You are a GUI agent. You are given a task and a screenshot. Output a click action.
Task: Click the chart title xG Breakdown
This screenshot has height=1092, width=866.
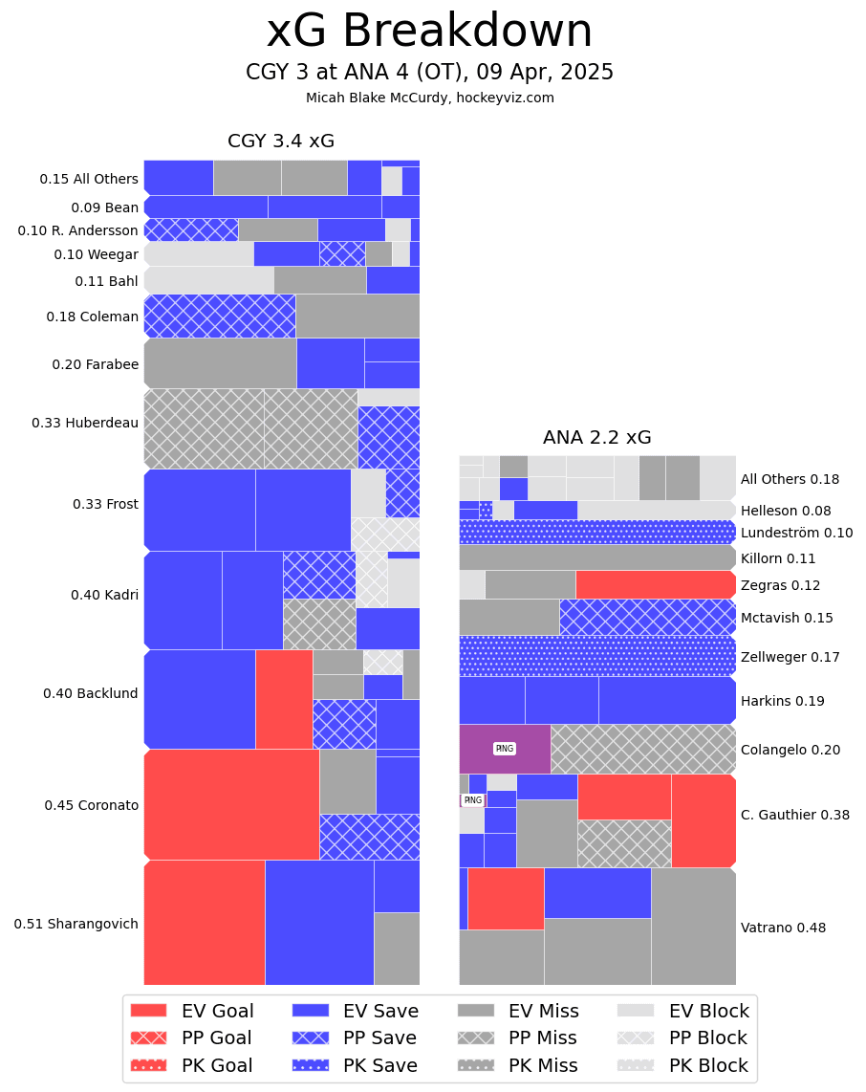coord(429,32)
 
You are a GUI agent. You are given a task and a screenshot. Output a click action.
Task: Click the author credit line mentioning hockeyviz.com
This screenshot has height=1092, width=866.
coord(429,98)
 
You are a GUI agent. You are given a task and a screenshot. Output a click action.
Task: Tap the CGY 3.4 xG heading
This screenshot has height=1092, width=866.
coord(281,142)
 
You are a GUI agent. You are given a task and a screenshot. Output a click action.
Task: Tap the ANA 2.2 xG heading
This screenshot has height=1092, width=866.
coord(596,438)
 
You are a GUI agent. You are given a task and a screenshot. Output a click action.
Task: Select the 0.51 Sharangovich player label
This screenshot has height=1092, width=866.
coord(76,924)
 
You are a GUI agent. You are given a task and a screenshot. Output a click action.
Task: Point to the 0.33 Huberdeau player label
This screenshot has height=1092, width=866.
coord(85,423)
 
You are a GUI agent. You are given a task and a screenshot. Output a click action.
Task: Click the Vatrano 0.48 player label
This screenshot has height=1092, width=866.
coord(783,928)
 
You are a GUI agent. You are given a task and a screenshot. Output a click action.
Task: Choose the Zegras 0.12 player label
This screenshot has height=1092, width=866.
coord(780,585)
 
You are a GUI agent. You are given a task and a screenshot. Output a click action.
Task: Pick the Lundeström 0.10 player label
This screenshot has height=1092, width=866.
coord(796,533)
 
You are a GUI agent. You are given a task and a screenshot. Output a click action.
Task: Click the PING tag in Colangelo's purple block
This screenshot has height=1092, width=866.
coord(504,749)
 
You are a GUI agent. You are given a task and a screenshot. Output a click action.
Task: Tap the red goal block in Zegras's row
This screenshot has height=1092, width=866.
coord(655,584)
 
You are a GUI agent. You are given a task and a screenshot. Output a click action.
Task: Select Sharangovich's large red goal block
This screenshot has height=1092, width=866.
coord(205,922)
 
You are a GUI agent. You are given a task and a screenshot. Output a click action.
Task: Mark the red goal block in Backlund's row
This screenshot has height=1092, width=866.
coord(284,698)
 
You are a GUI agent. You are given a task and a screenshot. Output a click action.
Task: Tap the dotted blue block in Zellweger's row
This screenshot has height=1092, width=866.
coord(596,656)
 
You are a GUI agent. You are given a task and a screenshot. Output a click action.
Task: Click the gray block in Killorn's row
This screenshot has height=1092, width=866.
coord(596,557)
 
